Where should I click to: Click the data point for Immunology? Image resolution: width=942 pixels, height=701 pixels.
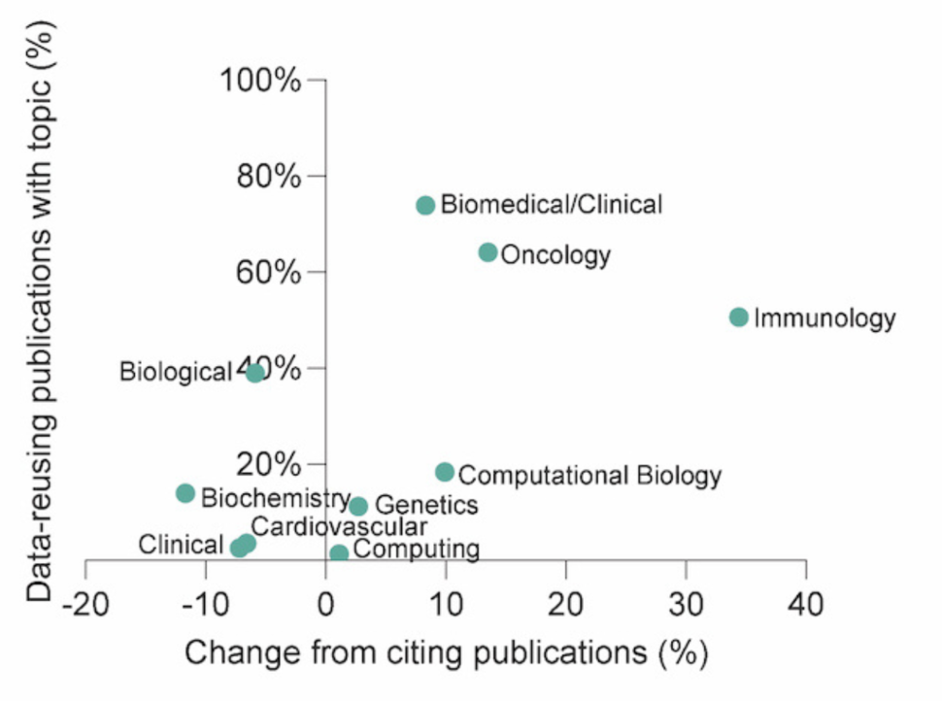738,317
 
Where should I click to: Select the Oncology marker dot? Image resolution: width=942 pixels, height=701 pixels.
488,252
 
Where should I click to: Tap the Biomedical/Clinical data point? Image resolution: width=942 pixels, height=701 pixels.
425,205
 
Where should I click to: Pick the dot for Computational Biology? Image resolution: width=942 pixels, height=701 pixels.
445,472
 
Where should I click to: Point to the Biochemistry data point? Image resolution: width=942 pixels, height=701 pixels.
185,493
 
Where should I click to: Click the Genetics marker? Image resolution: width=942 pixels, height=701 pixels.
358,506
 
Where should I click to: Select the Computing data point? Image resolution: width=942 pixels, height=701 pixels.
339,553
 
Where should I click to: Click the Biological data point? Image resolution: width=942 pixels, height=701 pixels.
255,373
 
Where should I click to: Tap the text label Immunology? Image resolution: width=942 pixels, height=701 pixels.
824,318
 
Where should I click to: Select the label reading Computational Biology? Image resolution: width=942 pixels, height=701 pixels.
589,476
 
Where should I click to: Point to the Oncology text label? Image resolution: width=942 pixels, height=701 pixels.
555,255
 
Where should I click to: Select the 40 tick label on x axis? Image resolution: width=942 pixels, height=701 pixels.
805,606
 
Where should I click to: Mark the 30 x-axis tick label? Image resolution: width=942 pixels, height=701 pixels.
686,606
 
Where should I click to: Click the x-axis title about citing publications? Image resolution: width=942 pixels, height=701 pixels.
446,652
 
